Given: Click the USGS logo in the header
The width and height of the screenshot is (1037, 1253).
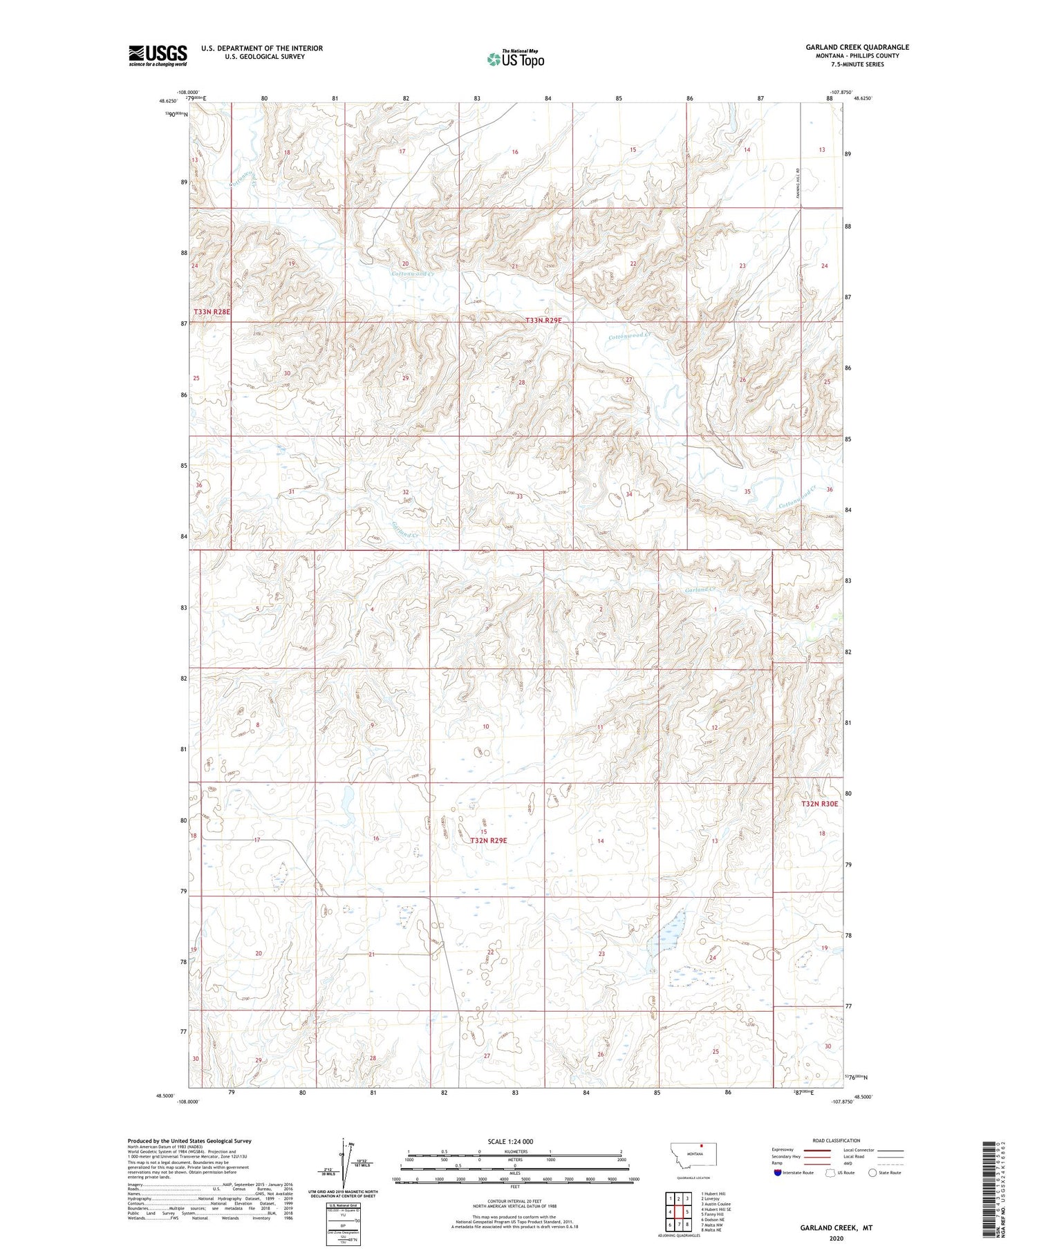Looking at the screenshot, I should [x=158, y=55].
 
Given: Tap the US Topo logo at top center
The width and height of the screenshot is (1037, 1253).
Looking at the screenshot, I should [x=516, y=59].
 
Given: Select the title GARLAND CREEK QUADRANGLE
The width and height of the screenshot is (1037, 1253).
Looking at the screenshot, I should [x=857, y=47].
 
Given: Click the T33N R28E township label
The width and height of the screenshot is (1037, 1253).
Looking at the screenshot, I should [x=212, y=312].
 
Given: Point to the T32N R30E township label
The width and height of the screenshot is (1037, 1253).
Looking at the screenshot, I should [x=819, y=804].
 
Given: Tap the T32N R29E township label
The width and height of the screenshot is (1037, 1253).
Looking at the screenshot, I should [x=489, y=840].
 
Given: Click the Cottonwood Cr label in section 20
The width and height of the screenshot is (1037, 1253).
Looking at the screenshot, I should [x=413, y=274].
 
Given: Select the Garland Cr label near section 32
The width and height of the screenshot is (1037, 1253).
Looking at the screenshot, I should [x=405, y=531].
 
